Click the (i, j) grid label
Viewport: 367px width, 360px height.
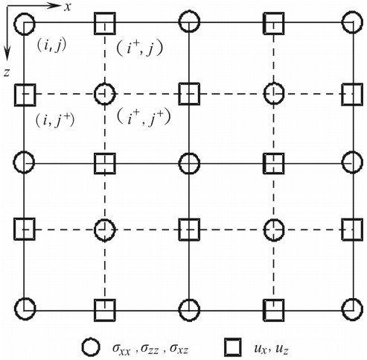[x=51, y=45]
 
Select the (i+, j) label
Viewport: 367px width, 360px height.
[x=139, y=48]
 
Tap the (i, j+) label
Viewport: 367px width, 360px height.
[x=55, y=120]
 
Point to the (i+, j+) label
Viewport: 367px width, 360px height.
[x=144, y=118]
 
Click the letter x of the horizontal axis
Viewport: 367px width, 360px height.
[x=68, y=7]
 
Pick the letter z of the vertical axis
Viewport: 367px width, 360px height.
[x=7, y=72]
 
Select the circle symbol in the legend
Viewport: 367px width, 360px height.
[x=91, y=347]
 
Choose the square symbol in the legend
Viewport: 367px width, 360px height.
[x=233, y=347]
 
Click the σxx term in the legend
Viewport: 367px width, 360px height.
[x=121, y=349]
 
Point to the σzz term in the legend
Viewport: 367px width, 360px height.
[x=150, y=349]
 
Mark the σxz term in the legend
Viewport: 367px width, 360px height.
[x=179, y=349]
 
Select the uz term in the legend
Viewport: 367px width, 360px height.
[x=281, y=349]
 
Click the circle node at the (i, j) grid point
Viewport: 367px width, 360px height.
[x=25, y=14]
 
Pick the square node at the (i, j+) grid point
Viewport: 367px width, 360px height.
[x=15, y=95]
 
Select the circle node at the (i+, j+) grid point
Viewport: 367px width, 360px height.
[x=105, y=83]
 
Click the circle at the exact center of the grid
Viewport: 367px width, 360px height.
[x=189, y=154]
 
